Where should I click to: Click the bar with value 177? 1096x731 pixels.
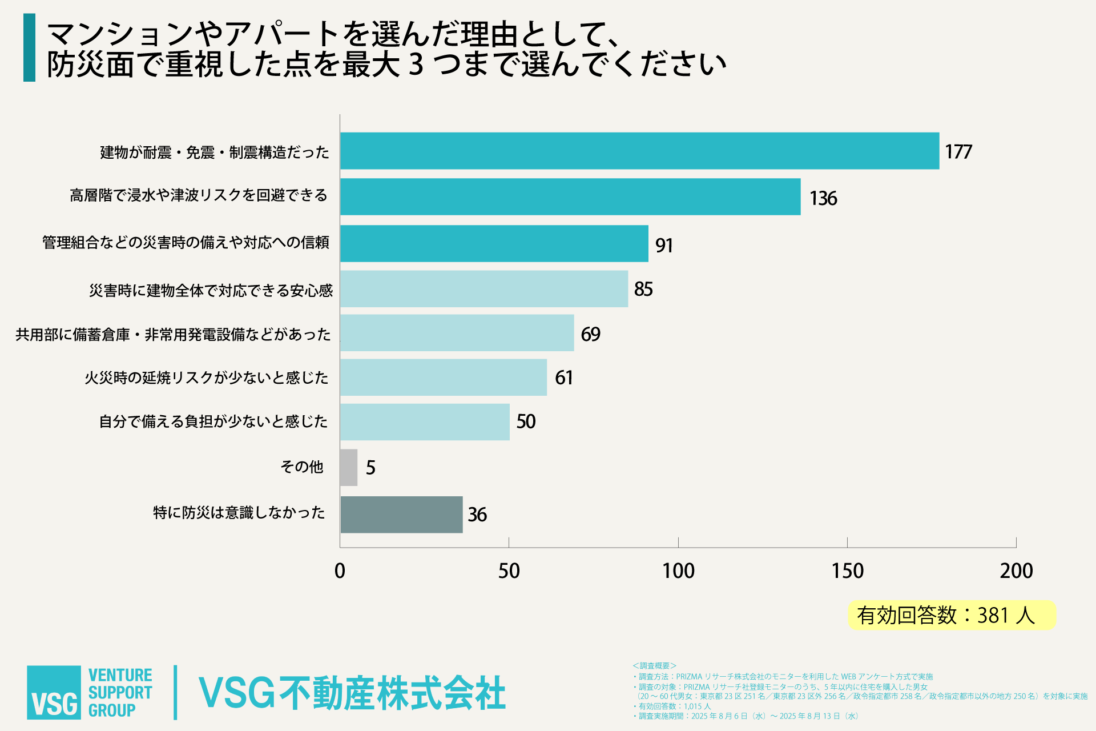[639, 151]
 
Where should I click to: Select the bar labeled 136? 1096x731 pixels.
[570, 197]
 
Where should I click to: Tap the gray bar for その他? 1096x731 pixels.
[349, 468]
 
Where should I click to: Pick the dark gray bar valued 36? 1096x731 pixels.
[401, 515]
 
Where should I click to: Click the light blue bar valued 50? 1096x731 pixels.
[425, 422]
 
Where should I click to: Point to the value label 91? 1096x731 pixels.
[664, 246]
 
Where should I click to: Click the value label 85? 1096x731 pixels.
[643, 290]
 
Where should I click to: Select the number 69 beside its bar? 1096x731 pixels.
[590, 334]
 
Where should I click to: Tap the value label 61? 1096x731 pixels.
[563, 378]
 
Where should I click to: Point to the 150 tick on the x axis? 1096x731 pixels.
[847, 571]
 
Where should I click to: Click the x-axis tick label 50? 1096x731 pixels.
[509, 571]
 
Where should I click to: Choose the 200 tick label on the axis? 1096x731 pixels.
[1016, 571]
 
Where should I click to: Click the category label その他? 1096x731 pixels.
[302, 467]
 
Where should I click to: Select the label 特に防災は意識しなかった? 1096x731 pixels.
[239, 513]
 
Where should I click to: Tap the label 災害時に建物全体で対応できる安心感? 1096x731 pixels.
[211, 291]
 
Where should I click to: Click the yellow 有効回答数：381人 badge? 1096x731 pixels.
[952, 615]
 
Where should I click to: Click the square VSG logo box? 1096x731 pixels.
[54, 692]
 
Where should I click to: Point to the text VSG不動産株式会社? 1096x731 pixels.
[352, 693]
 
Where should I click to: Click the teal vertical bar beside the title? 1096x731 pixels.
[29, 47]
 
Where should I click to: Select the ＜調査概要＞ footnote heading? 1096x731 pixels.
[654, 666]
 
